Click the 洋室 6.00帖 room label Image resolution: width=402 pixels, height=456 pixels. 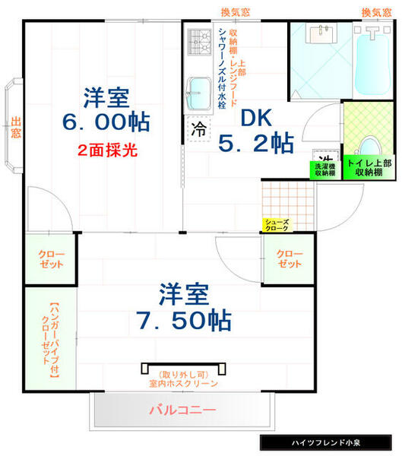tap(106, 110)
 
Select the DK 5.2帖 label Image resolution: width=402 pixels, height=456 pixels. tap(255, 131)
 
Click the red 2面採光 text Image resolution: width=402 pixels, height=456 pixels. tap(107, 150)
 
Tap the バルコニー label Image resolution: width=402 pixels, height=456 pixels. tap(182, 410)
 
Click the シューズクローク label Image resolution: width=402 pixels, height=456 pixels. tap(276, 224)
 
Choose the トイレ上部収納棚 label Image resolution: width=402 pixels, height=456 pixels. tap(369, 168)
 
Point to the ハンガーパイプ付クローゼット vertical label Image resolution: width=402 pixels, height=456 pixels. tap(49, 340)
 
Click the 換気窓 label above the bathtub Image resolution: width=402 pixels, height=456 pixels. tap(375, 11)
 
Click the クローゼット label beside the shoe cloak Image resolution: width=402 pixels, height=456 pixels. tap(288, 258)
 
